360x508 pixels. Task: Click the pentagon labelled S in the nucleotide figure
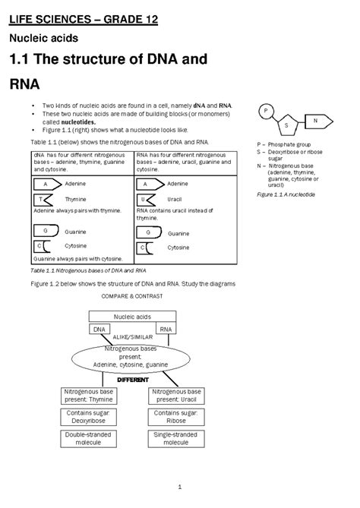coord(287,124)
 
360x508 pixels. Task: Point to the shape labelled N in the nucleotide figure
coord(316,119)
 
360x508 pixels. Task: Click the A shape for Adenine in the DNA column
coord(46,184)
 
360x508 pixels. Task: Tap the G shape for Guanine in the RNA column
coord(149,232)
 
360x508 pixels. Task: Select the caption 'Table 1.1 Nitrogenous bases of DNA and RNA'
coord(87,270)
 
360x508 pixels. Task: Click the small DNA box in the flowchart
coord(99,330)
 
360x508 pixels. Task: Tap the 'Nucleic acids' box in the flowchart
coord(133,317)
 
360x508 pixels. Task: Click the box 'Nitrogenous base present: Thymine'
coord(89,396)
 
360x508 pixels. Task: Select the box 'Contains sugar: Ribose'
coord(176,416)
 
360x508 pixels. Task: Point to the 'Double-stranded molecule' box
coord(89,438)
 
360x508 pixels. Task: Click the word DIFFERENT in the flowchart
coord(132,379)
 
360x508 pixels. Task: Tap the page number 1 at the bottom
coord(179,486)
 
